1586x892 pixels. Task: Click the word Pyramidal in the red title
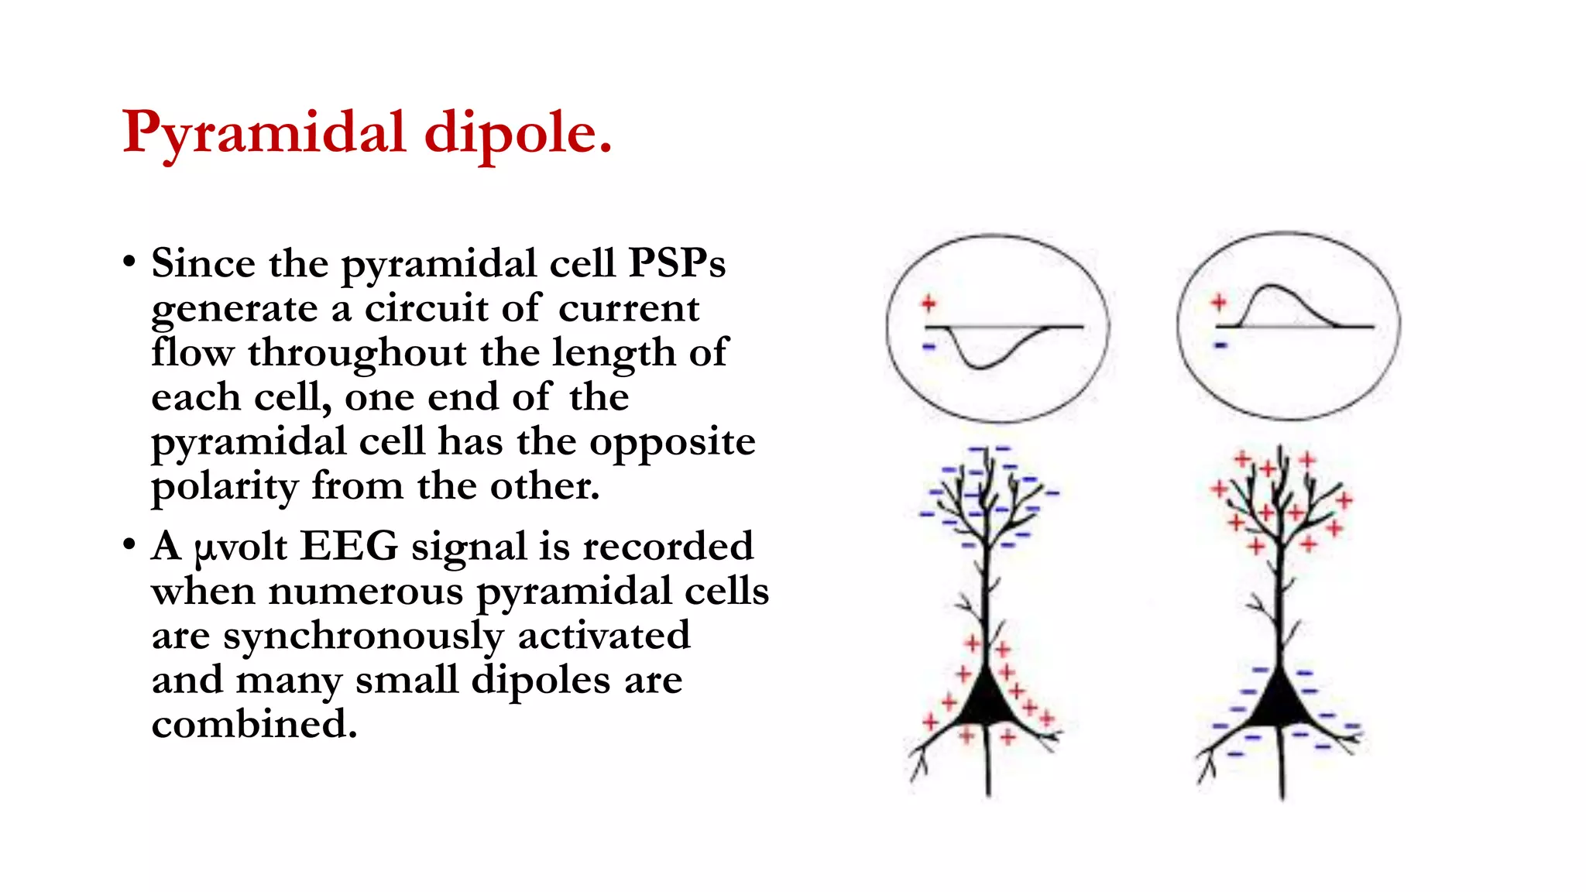coord(264,133)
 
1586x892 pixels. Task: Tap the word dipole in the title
coord(518,133)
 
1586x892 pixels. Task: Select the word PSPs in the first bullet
coord(677,263)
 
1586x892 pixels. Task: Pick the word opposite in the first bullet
coord(671,443)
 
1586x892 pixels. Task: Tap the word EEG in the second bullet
coord(349,546)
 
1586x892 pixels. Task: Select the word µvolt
coord(241,547)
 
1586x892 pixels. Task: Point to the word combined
coord(254,725)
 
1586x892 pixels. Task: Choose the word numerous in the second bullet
coord(366,592)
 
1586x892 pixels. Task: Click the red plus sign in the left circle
coord(929,304)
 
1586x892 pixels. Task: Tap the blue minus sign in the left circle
coord(929,346)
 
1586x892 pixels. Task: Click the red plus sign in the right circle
coord(1219,302)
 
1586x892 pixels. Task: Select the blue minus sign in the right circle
coord(1221,345)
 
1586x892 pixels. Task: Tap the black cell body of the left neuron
coord(988,702)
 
